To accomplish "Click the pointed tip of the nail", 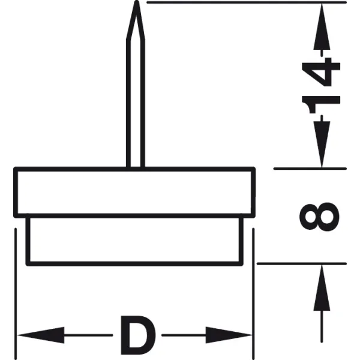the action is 137,1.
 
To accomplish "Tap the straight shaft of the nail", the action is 136,103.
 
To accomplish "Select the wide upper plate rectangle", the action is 134,193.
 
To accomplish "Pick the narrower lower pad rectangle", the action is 134,241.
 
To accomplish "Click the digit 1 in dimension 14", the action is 321,104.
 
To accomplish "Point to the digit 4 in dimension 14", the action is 321,72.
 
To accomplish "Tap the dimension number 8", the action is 319,217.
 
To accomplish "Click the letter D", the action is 138,335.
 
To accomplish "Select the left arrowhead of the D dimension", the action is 40,335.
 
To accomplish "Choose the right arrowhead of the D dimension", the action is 229,335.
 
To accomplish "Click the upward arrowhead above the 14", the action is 322,26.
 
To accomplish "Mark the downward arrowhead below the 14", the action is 322,145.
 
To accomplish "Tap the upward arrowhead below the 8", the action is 322,287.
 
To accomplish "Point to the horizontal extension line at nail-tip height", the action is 247,2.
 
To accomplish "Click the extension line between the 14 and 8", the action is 310,169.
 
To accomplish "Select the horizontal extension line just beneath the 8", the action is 301,264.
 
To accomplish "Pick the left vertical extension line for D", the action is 16,294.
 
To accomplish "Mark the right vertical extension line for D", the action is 253,294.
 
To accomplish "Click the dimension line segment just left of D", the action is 89,335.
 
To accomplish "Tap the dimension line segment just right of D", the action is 184,335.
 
